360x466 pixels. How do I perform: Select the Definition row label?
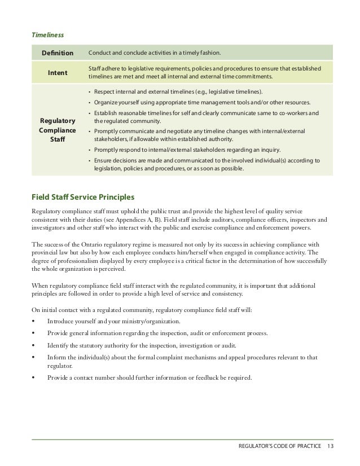(x=56, y=54)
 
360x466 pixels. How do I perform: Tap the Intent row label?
(x=56, y=72)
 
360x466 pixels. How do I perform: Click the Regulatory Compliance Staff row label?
(x=56, y=129)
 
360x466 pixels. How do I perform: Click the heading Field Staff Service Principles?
(x=82, y=197)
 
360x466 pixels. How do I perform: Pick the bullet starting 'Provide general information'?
(x=157, y=333)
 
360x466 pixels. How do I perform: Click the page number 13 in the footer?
(x=330, y=448)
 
